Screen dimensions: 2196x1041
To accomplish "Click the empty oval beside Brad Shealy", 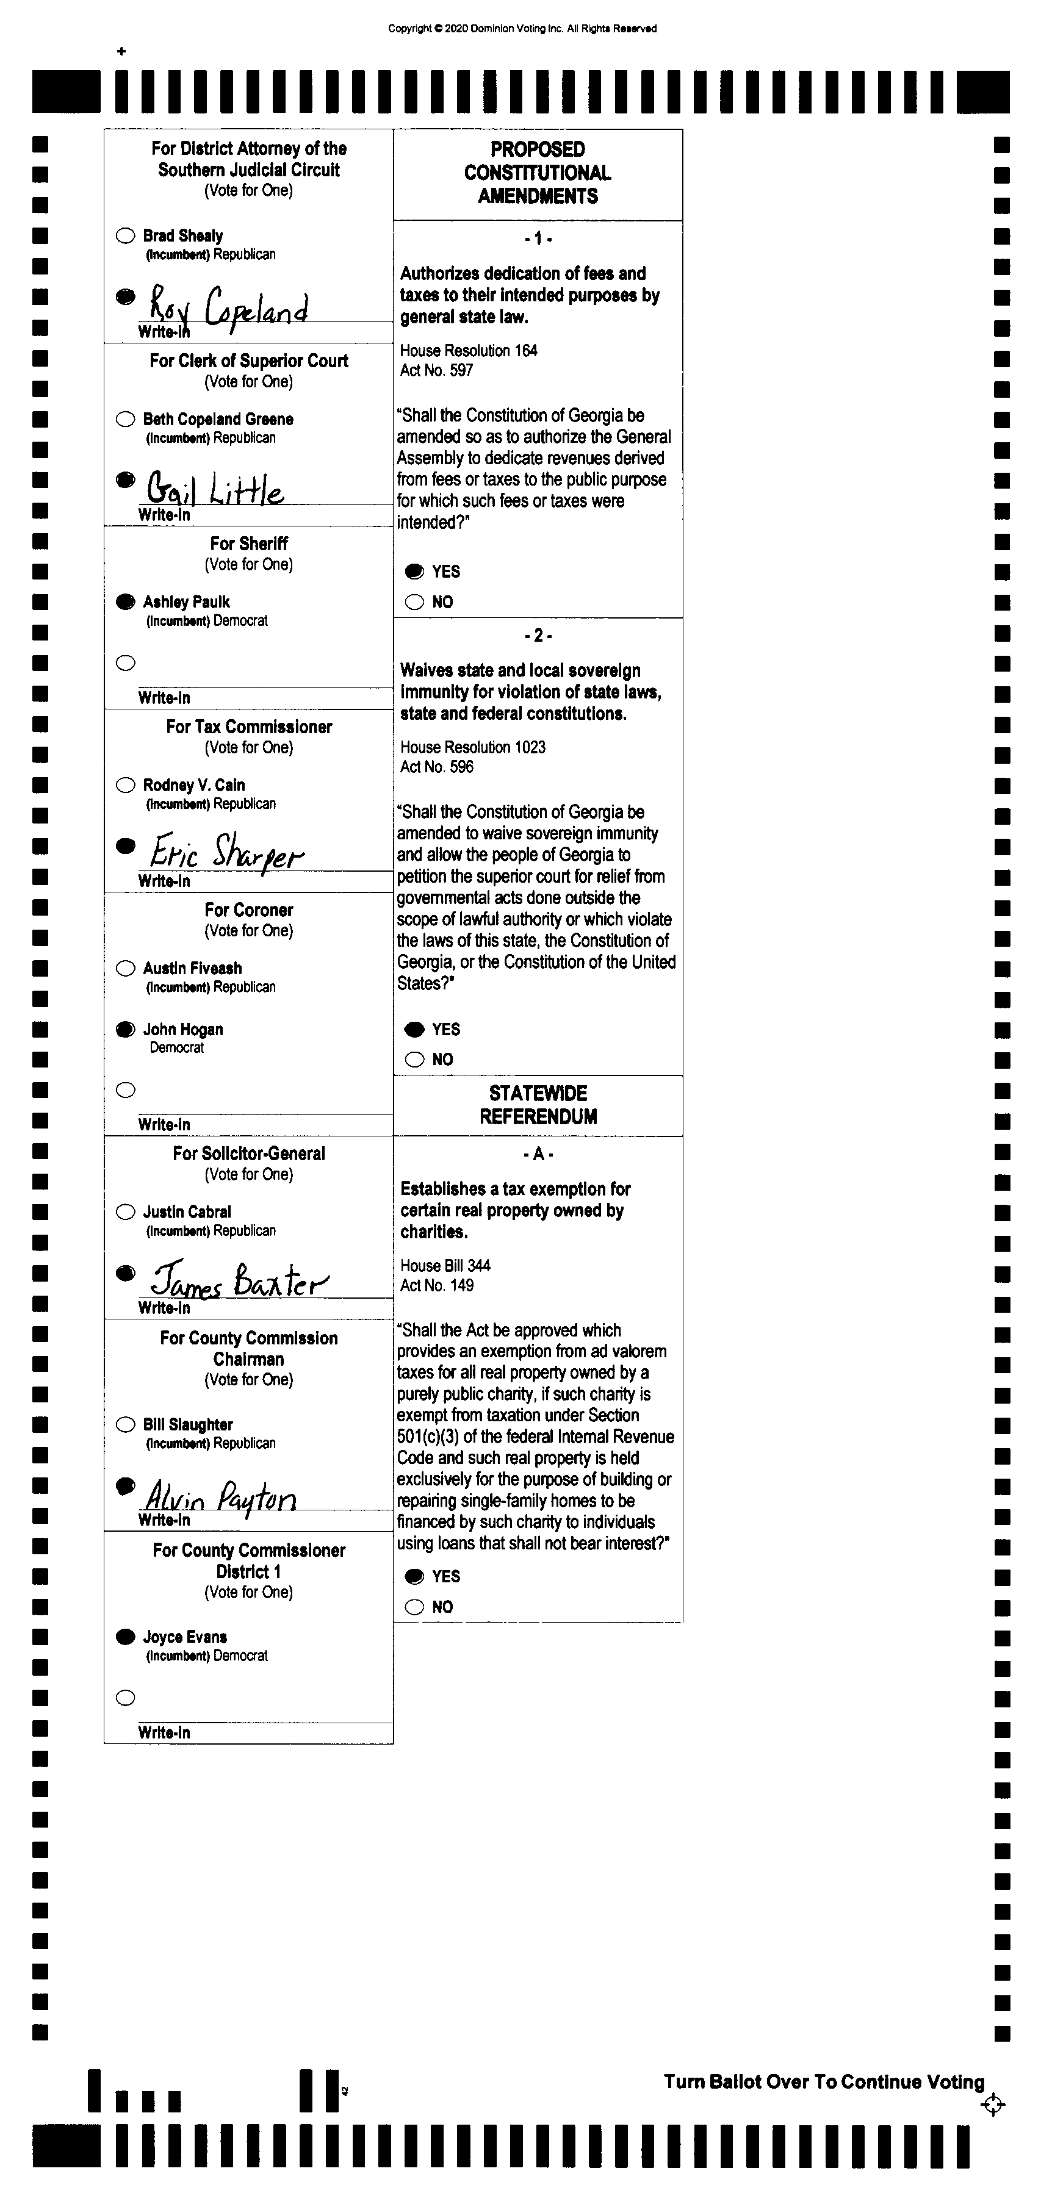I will point(125,235).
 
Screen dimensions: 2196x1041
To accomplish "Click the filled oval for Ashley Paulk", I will point(125,602).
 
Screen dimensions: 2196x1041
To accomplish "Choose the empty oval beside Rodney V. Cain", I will point(125,785).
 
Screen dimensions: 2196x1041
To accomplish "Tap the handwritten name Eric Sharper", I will point(226,852).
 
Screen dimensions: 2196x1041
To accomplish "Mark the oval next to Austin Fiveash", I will point(125,969).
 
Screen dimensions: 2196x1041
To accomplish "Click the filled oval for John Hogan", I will point(125,1029).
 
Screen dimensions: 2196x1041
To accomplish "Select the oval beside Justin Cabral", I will point(125,1212).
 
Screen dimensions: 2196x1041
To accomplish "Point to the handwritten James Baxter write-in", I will point(239,1280).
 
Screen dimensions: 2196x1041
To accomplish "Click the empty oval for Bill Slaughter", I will point(125,1424).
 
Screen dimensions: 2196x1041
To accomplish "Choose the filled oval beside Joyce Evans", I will point(125,1637).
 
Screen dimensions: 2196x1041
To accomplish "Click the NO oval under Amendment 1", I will point(415,603).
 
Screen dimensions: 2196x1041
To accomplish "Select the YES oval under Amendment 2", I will point(415,1030).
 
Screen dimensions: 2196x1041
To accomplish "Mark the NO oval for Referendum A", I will point(415,1607).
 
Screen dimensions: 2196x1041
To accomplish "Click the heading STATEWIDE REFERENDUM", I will point(538,1105).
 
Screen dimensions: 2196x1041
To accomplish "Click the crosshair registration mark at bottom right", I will point(992,2104).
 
